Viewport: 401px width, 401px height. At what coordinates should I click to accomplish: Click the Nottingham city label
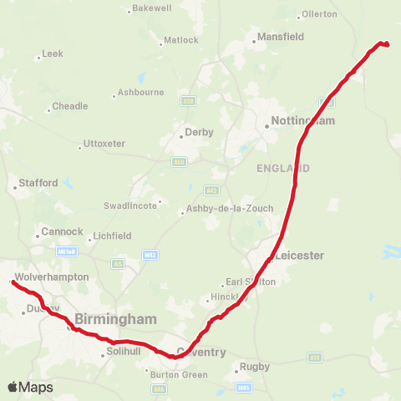303,121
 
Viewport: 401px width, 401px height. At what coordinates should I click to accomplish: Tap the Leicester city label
298,255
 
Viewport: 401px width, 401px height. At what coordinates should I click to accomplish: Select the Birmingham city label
115,319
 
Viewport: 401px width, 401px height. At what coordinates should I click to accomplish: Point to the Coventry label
200,352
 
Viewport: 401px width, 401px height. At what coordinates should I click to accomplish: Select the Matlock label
181,40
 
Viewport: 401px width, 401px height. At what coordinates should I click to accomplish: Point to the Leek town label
53,54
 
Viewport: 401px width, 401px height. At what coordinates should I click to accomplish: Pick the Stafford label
40,182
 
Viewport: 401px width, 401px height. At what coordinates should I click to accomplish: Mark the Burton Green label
179,374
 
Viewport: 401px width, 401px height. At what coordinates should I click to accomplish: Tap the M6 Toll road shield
67,251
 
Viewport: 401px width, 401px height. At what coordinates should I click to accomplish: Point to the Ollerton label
319,14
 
